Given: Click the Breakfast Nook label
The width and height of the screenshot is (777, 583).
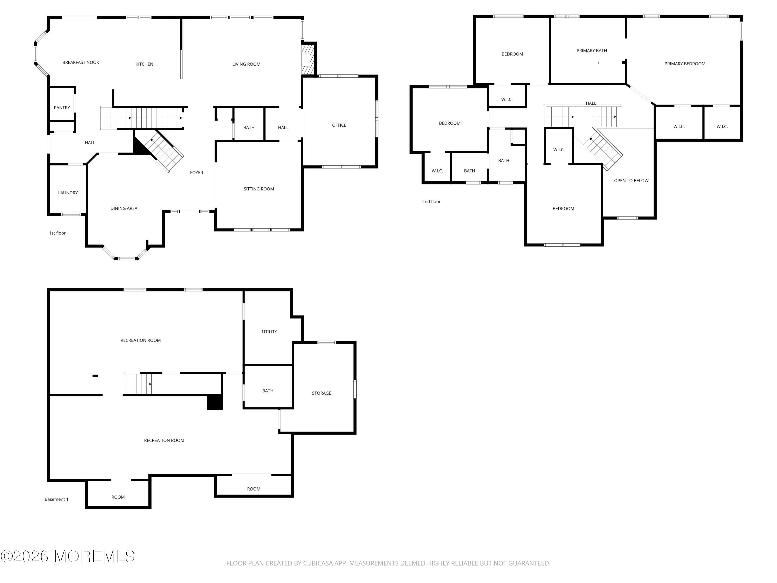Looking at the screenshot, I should click(x=81, y=62).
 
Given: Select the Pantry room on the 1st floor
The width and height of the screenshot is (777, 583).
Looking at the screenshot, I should click(x=62, y=108).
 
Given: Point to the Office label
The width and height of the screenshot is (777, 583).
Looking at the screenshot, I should click(x=339, y=125).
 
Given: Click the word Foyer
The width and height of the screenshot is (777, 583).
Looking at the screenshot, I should click(x=196, y=173).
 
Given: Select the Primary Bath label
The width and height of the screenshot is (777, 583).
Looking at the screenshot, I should click(x=592, y=51).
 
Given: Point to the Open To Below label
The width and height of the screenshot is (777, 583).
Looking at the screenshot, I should click(x=631, y=181).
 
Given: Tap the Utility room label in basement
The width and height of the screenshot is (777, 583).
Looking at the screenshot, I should click(x=269, y=332).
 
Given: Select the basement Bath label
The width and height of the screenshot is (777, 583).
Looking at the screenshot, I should click(x=268, y=391).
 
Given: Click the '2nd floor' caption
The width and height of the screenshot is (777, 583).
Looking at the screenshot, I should click(x=431, y=202).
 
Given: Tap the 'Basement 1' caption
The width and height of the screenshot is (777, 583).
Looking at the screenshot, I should click(x=56, y=499).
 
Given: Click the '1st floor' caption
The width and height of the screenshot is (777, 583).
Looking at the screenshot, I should click(x=57, y=233).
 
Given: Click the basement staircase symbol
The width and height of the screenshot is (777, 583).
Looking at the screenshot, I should click(x=138, y=384).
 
